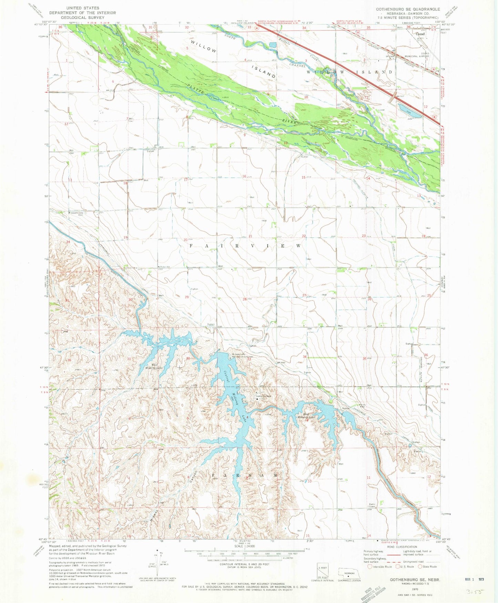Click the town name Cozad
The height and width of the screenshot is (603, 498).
[x=420, y=34]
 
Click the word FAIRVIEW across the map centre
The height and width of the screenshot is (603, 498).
[x=246, y=246]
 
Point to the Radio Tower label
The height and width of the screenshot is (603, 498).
[x=372, y=505]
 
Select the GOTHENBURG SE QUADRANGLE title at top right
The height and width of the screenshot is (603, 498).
[x=408, y=9]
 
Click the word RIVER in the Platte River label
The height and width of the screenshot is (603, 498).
[x=290, y=121]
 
